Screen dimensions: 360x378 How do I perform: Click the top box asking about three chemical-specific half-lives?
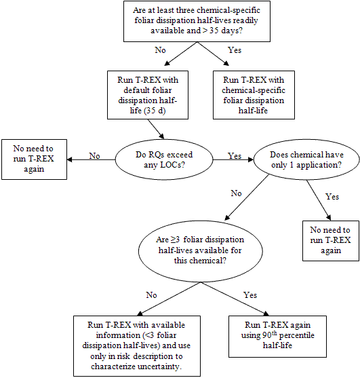tap(197, 21)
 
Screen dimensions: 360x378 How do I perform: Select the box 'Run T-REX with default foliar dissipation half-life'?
tap(148, 95)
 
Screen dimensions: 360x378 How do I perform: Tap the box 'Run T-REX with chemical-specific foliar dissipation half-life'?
tap(254, 95)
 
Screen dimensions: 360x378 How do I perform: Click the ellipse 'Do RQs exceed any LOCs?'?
tap(164, 159)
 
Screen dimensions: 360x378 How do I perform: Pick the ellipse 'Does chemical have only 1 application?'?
tap(306, 159)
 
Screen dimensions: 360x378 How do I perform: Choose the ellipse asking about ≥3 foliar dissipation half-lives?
tap(201, 250)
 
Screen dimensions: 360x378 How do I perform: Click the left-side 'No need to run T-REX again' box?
tap(34, 159)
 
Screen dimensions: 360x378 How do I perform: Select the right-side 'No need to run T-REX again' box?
tap(331, 241)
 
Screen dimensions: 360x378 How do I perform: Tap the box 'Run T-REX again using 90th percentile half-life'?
tap(277, 337)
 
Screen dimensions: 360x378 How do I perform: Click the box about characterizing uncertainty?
tap(137, 346)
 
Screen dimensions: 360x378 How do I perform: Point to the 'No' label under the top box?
tap(160, 50)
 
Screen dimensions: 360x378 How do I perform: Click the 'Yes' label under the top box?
tap(235, 50)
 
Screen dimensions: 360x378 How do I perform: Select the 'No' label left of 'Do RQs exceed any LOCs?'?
tap(94, 156)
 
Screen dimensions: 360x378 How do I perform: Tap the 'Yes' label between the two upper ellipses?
tap(235, 156)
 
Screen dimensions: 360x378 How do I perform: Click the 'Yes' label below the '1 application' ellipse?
tap(332, 197)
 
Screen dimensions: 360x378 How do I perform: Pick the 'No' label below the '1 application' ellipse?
tap(236, 193)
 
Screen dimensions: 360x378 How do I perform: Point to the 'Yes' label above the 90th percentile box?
tap(250, 295)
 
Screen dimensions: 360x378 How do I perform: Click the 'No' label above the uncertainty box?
tap(151, 295)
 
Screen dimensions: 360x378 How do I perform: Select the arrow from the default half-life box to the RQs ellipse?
tap(156, 129)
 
